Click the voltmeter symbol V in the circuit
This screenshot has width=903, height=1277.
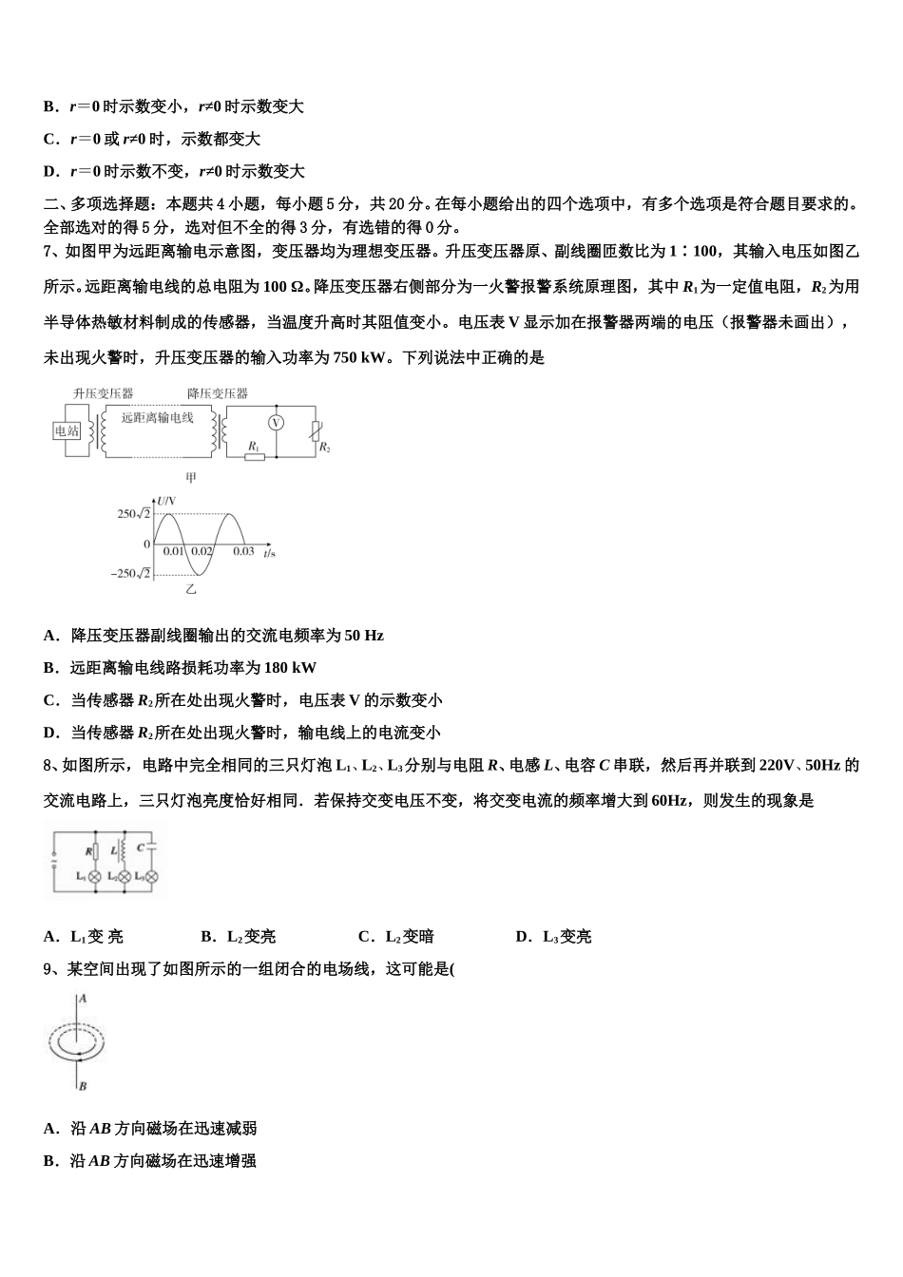[276, 424]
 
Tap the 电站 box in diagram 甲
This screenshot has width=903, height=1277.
[67, 430]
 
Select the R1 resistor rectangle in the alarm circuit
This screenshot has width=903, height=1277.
[255, 456]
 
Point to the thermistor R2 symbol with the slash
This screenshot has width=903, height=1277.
[316, 432]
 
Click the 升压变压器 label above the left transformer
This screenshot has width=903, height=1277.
[104, 393]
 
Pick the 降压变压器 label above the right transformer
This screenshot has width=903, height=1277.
[218, 393]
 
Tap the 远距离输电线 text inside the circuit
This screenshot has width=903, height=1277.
[158, 417]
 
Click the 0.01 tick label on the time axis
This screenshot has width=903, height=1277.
[173, 551]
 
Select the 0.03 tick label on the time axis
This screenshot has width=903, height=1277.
[244, 551]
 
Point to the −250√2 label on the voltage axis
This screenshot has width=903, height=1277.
[131, 573]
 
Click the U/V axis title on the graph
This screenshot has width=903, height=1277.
[167, 500]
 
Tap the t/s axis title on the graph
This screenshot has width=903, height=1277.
[270, 552]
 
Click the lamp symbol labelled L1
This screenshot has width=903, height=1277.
[94, 876]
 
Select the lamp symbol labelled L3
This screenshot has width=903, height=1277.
[148, 876]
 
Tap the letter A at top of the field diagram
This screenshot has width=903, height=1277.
[83, 999]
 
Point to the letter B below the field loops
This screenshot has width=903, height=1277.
[83, 1085]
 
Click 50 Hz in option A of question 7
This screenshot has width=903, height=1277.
[365, 636]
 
